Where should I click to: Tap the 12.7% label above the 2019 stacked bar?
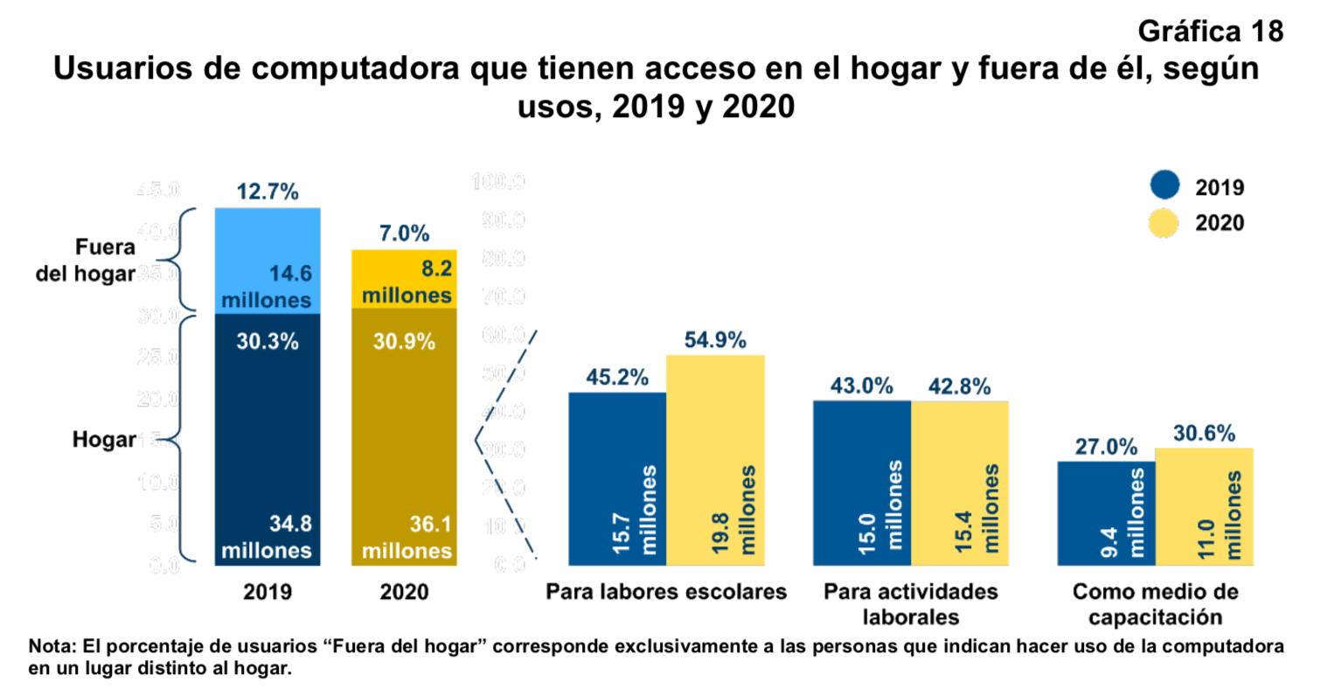click(267, 191)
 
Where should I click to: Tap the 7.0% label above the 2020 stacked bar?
click(404, 233)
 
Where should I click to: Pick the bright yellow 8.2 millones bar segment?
click(404, 280)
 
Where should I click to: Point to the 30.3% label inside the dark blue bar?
click(267, 342)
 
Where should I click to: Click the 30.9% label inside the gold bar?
click(404, 342)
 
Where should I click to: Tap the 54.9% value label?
click(715, 340)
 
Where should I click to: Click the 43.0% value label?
click(861, 386)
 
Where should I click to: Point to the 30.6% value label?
click(1204, 433)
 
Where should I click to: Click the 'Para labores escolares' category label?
click(666, 593)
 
